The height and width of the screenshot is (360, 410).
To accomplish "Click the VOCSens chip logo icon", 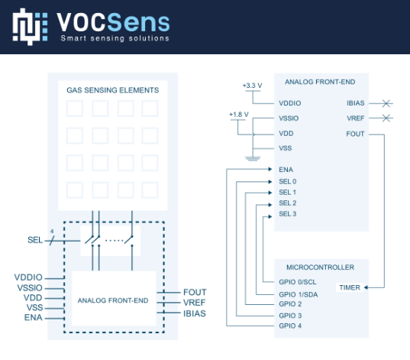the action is pyautogui.click(x=30, y=27).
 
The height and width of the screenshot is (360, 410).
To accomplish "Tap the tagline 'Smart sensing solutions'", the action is pyautogui.click(x=115, y=38).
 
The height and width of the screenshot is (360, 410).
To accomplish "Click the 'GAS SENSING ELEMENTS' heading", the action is pyautogui.click(x=113, y=90).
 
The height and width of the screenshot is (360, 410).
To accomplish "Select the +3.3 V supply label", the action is pyautogui.click(x=252, y=86).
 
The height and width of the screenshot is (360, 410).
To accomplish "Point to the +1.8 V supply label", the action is pyautogui.click(x=239, y=115).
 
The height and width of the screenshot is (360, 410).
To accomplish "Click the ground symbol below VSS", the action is pyautogui.click(x=253, y=158).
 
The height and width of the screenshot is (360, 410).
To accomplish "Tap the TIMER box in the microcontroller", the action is pyautogui.click(x=350, y=287).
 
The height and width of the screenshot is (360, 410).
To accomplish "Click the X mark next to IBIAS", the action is pyautogui.click(x=386, y=103).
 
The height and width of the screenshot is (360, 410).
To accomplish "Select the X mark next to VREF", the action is pyautogui.click(x=386, y=118).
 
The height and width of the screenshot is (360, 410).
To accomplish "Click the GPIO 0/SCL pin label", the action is pyautogui.click(x=298, y=282).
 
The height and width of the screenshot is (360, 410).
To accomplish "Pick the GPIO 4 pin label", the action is pyautogui.click(x=290, y=326).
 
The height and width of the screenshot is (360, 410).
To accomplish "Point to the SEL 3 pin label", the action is pyautogui.click(x=288, y=214).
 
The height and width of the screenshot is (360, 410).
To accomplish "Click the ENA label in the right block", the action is pyautogui.click(x=286, y=170).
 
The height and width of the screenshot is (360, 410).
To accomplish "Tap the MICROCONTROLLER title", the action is pyautogui.click(x=321, y=268).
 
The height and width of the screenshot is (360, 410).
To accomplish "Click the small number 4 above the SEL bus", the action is pyautogui.click(x=52, y=232).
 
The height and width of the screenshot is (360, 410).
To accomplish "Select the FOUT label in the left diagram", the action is pyautogui.click(x=195, y=292).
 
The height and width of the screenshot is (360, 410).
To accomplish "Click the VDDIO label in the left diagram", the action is pyautogui.click(x=28, y=277).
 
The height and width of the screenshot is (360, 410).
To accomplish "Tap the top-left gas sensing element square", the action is pyautogui.click(x=75, y=109).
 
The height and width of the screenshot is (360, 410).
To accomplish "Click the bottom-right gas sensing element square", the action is pyautogui.click(x=150, y=190).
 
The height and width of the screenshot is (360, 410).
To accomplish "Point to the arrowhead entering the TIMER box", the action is pyautogui.click(x=366, y=287).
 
